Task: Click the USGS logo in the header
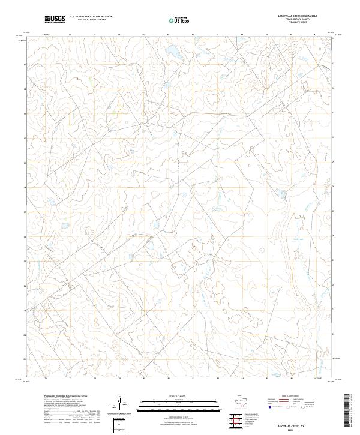55,19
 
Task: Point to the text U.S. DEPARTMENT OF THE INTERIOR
91,17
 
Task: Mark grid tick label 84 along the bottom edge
242,379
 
